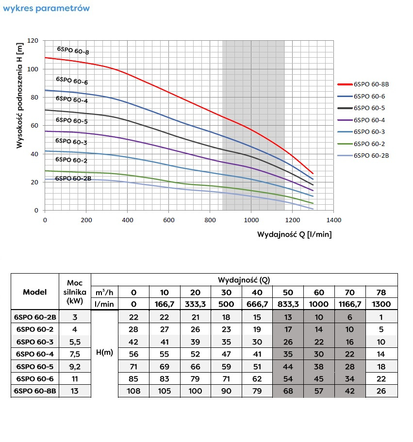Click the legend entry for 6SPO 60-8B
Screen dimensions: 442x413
click(x=371, y=84)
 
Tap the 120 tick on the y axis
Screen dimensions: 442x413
click(x=33, y=41)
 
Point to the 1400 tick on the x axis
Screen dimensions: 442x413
click(x=333, y=220)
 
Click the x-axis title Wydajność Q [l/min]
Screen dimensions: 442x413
click(x=295, y=234)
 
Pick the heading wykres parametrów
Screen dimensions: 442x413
click(x=46, y=9)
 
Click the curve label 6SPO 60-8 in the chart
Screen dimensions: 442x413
click(x=73, y=50)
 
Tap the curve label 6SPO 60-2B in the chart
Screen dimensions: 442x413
click(x=73, y=179)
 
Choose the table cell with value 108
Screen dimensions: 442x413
click(x=134, y=391)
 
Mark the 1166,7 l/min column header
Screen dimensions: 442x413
click(x=350, y=304)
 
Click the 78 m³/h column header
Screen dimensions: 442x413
click(x=381, y=292)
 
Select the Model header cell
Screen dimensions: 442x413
click(x=35, y=292)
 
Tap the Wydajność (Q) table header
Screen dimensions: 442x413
click(x=244, y=279)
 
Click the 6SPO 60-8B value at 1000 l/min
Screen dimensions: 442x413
click(x=319, y=391)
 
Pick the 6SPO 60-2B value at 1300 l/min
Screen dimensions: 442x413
click(x=381, y=317)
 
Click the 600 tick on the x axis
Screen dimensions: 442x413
click(x=168, y=220)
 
